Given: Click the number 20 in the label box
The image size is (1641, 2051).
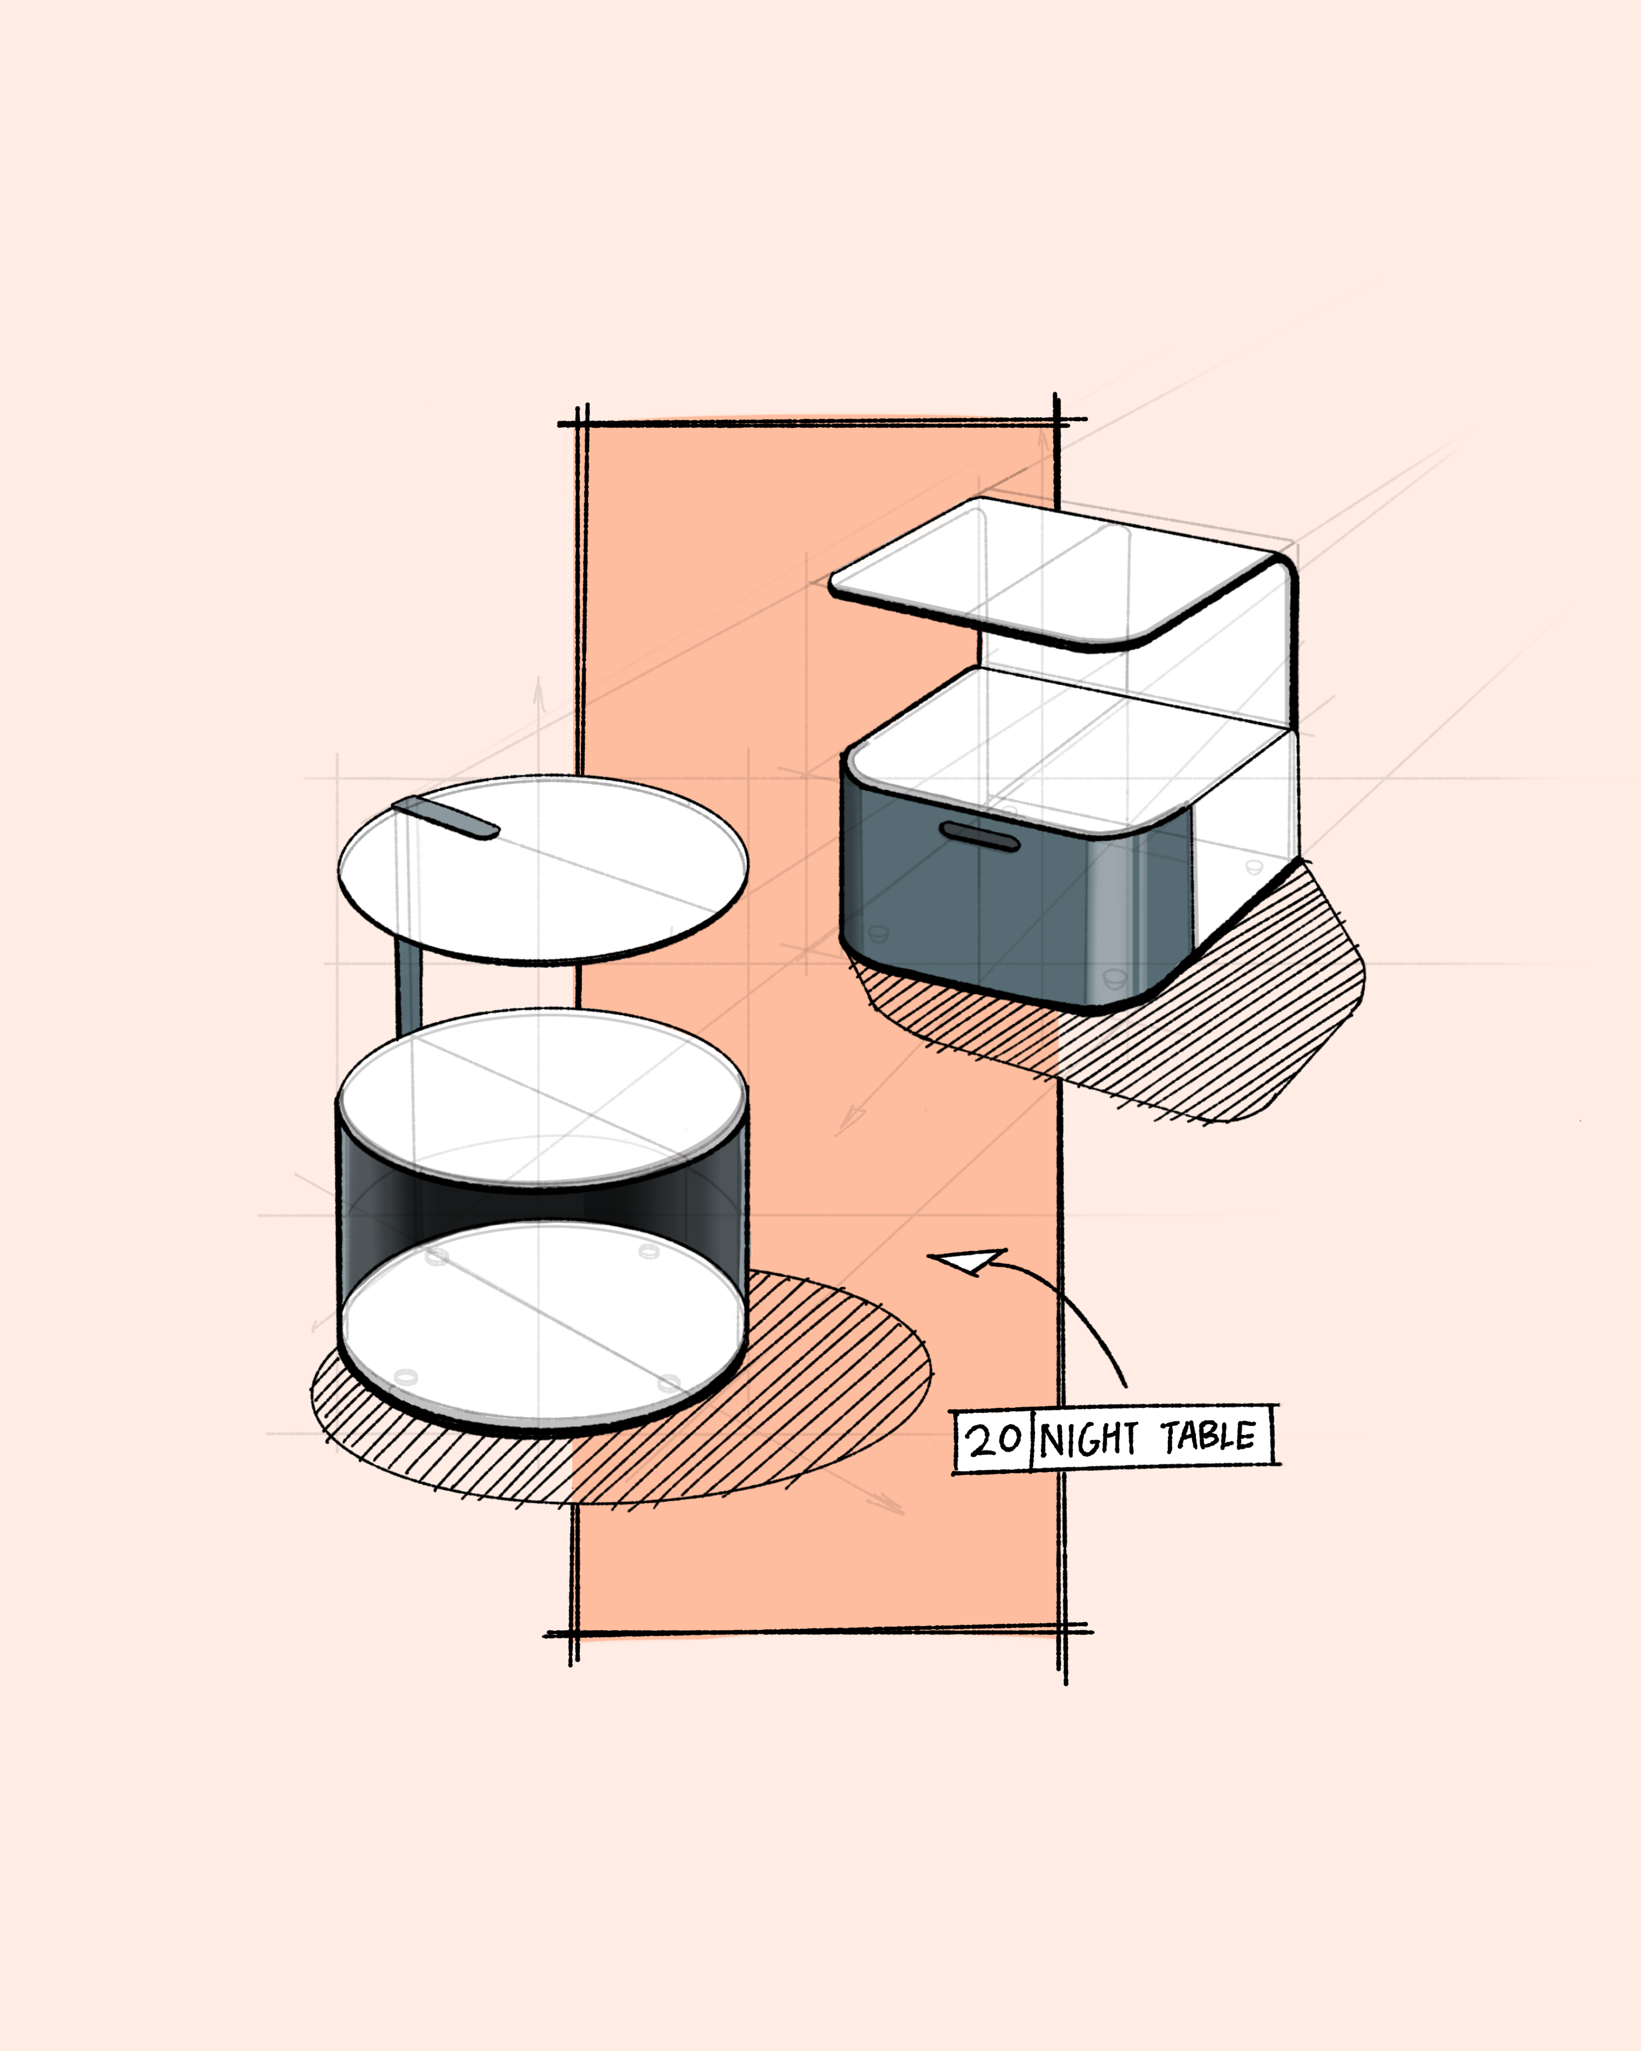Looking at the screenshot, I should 994,1440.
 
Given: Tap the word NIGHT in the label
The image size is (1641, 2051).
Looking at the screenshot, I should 1087,1440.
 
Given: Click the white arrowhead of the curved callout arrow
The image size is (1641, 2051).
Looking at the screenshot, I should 970,1261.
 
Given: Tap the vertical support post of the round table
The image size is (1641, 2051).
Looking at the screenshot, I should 408,989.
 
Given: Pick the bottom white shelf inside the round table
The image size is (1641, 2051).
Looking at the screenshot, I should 542,1327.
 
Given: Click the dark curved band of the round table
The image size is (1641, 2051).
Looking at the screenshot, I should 542,1203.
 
